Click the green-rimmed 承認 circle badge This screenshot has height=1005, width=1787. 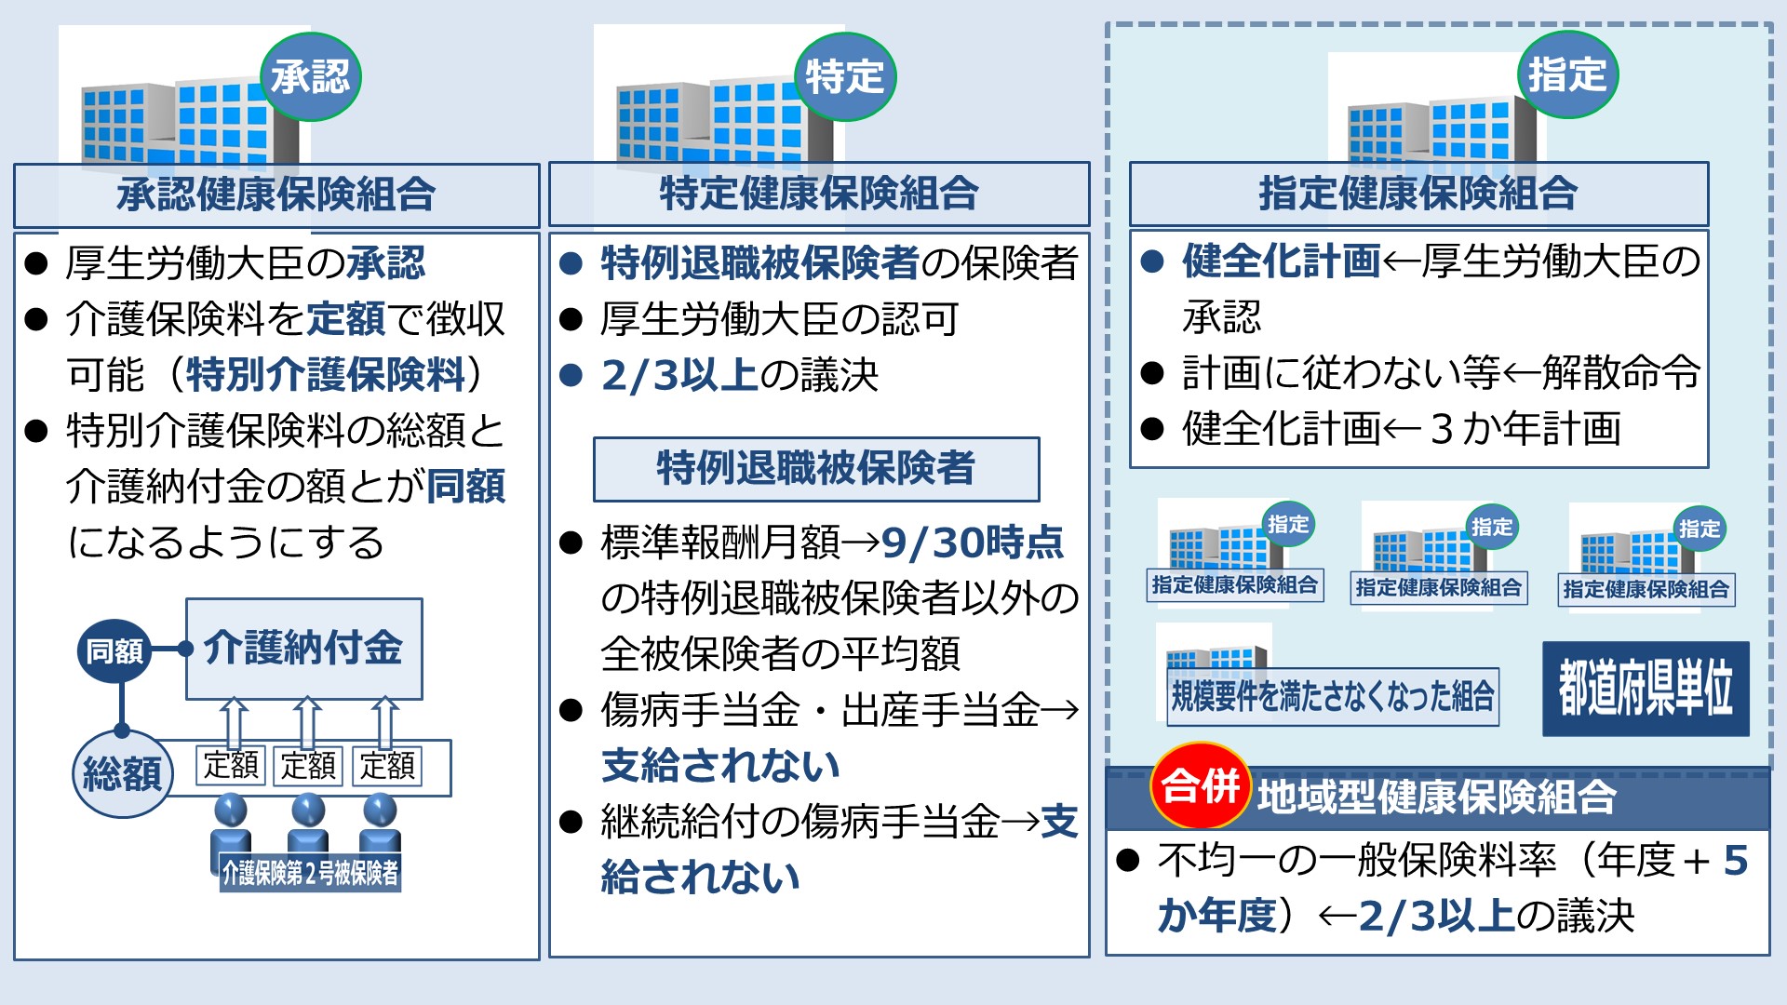click(311, 76)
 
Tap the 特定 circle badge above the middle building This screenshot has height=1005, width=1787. click(845, 76)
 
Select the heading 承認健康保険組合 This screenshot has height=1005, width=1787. click(276, 194)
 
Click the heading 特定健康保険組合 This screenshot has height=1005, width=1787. click(819, 194)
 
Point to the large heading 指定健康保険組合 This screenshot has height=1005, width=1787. click(1418, 194)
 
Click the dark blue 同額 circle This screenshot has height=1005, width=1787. click(114, 650)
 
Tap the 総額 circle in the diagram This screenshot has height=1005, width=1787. click(122, 773)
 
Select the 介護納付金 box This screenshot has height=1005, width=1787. click(304, 649)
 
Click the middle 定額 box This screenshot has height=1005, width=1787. click(308, 766)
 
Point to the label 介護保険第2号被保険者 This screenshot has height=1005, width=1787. click(310, 872)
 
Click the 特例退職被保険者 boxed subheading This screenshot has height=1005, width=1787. click(816, 469)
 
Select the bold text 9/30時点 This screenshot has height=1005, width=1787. click(973, 543)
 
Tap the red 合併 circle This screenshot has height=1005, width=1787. click(1201, 786)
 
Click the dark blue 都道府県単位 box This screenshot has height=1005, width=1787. click(1646, 689)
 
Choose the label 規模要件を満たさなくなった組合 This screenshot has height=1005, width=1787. click(1333, 696)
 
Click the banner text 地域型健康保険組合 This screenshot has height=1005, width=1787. click(1437, 797)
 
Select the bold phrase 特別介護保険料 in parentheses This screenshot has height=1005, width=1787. click(326, 374)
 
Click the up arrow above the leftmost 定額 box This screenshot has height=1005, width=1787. click(234, 722)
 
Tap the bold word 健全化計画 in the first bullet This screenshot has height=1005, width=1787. click(1282, 261)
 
